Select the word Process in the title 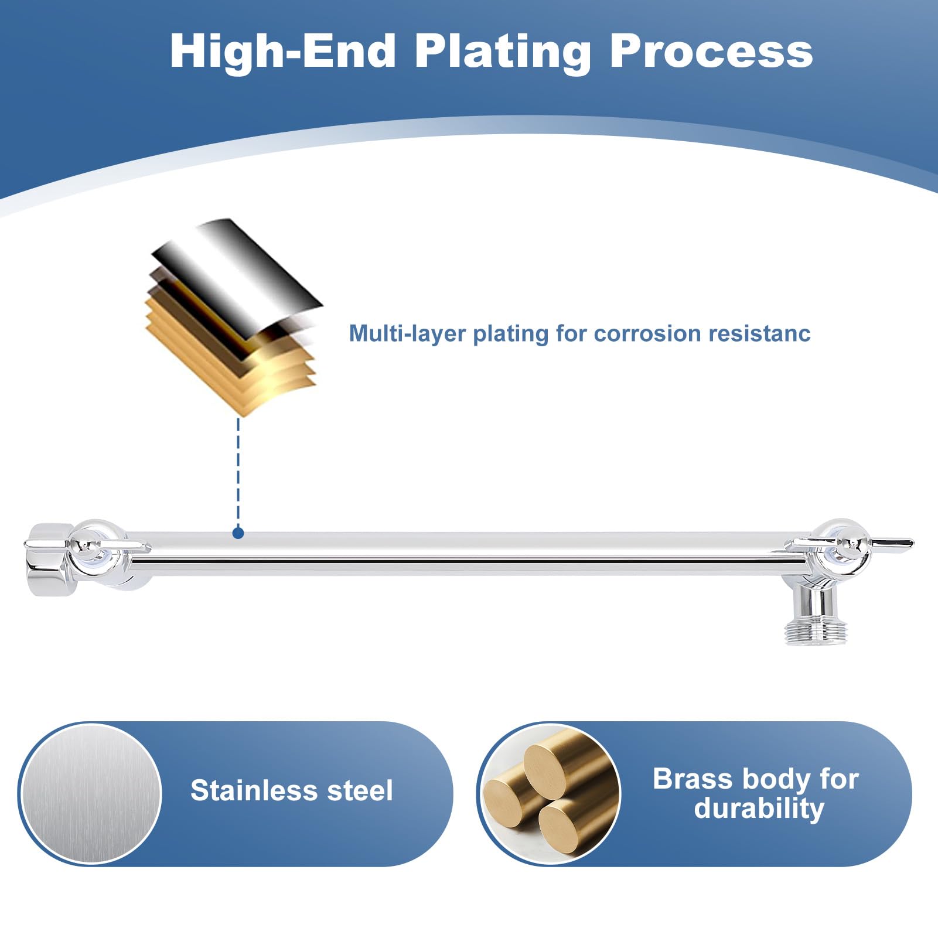(711, 51)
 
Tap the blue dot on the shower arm (238, 533)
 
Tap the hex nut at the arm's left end (50, 560)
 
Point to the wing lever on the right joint (849, 544)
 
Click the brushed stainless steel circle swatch (91, 794)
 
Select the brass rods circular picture (549, 794)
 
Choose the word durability (759, 809)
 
